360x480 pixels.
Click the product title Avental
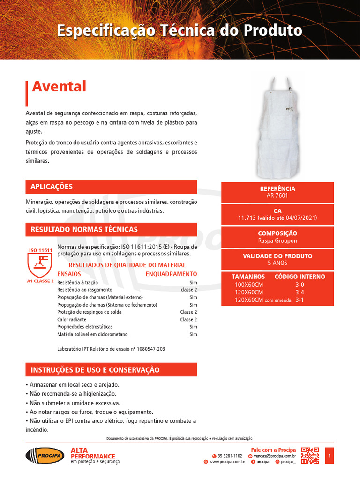pos(59,87)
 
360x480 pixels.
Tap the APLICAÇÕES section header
pos(52,187)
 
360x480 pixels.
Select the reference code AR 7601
pos(277,196)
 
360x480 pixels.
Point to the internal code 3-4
pos(300,292)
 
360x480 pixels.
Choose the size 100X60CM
pos(249,285)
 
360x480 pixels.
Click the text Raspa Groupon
pos(277,241)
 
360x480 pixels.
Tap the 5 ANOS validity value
pos(277,263)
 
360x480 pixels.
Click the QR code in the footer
pos(310,456)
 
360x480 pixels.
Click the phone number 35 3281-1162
pos(230,456)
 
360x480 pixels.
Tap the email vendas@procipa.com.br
pos(275,456)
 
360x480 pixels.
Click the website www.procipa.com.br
pos(227,462)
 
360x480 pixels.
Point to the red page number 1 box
pos(330,456)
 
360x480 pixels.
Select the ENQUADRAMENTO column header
pos(171,274)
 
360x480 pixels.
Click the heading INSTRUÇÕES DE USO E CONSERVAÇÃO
pos(95,370)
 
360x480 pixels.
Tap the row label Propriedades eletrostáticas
pos(85,327)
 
